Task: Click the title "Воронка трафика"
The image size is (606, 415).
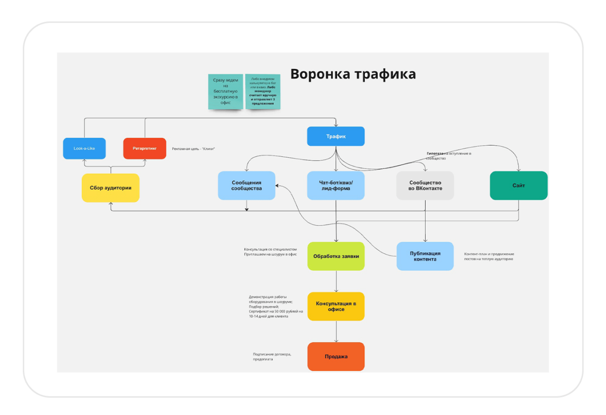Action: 353,74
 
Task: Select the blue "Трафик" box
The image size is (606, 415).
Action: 336,136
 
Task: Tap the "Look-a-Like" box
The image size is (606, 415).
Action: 85,148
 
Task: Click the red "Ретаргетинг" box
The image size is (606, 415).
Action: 145,148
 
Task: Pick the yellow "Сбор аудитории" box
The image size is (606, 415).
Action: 111,188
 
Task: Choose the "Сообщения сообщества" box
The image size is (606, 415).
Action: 246,185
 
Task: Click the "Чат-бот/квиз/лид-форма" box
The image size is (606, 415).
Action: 336,185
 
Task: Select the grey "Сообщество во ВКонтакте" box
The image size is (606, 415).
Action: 425,185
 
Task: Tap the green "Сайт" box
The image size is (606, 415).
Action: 518,185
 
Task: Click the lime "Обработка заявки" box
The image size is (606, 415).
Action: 336,256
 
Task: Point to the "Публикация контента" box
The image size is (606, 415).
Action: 425,256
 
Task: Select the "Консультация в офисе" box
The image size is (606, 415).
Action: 336,306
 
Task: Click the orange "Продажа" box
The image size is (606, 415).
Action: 336,356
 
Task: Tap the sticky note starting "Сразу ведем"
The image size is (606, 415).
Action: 226,92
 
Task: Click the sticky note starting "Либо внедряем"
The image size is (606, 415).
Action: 263,92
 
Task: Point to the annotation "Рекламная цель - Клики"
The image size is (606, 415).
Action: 193,149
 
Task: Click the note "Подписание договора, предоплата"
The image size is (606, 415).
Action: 272,356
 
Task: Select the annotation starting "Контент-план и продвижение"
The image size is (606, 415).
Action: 489,256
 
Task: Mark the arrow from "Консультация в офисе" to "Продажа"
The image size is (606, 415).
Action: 336,332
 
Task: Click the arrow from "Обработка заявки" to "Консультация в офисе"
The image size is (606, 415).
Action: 336,282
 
